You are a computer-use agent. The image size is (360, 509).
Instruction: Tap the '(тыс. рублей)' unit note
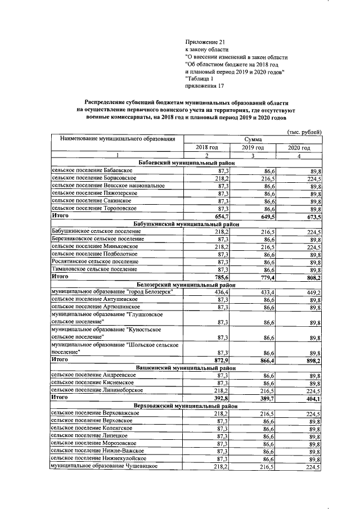pos(304,132)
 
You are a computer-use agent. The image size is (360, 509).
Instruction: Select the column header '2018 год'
pos(206,147)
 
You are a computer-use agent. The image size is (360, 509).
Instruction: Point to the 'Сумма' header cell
pos(254,139)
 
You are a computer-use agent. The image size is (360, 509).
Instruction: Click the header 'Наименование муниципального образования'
pos(118,138)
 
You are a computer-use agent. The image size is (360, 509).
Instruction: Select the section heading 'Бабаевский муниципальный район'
pos(185,163)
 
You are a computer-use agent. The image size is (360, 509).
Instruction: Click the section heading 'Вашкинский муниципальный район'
pos(185,367)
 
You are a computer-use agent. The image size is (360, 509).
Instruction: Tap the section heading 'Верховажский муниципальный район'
pos(185,405)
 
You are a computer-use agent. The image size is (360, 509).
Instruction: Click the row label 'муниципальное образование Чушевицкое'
pos(103,466)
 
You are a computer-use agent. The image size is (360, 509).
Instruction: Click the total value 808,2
pos(312,277)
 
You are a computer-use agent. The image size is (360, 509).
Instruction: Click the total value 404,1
pos(312,398)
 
